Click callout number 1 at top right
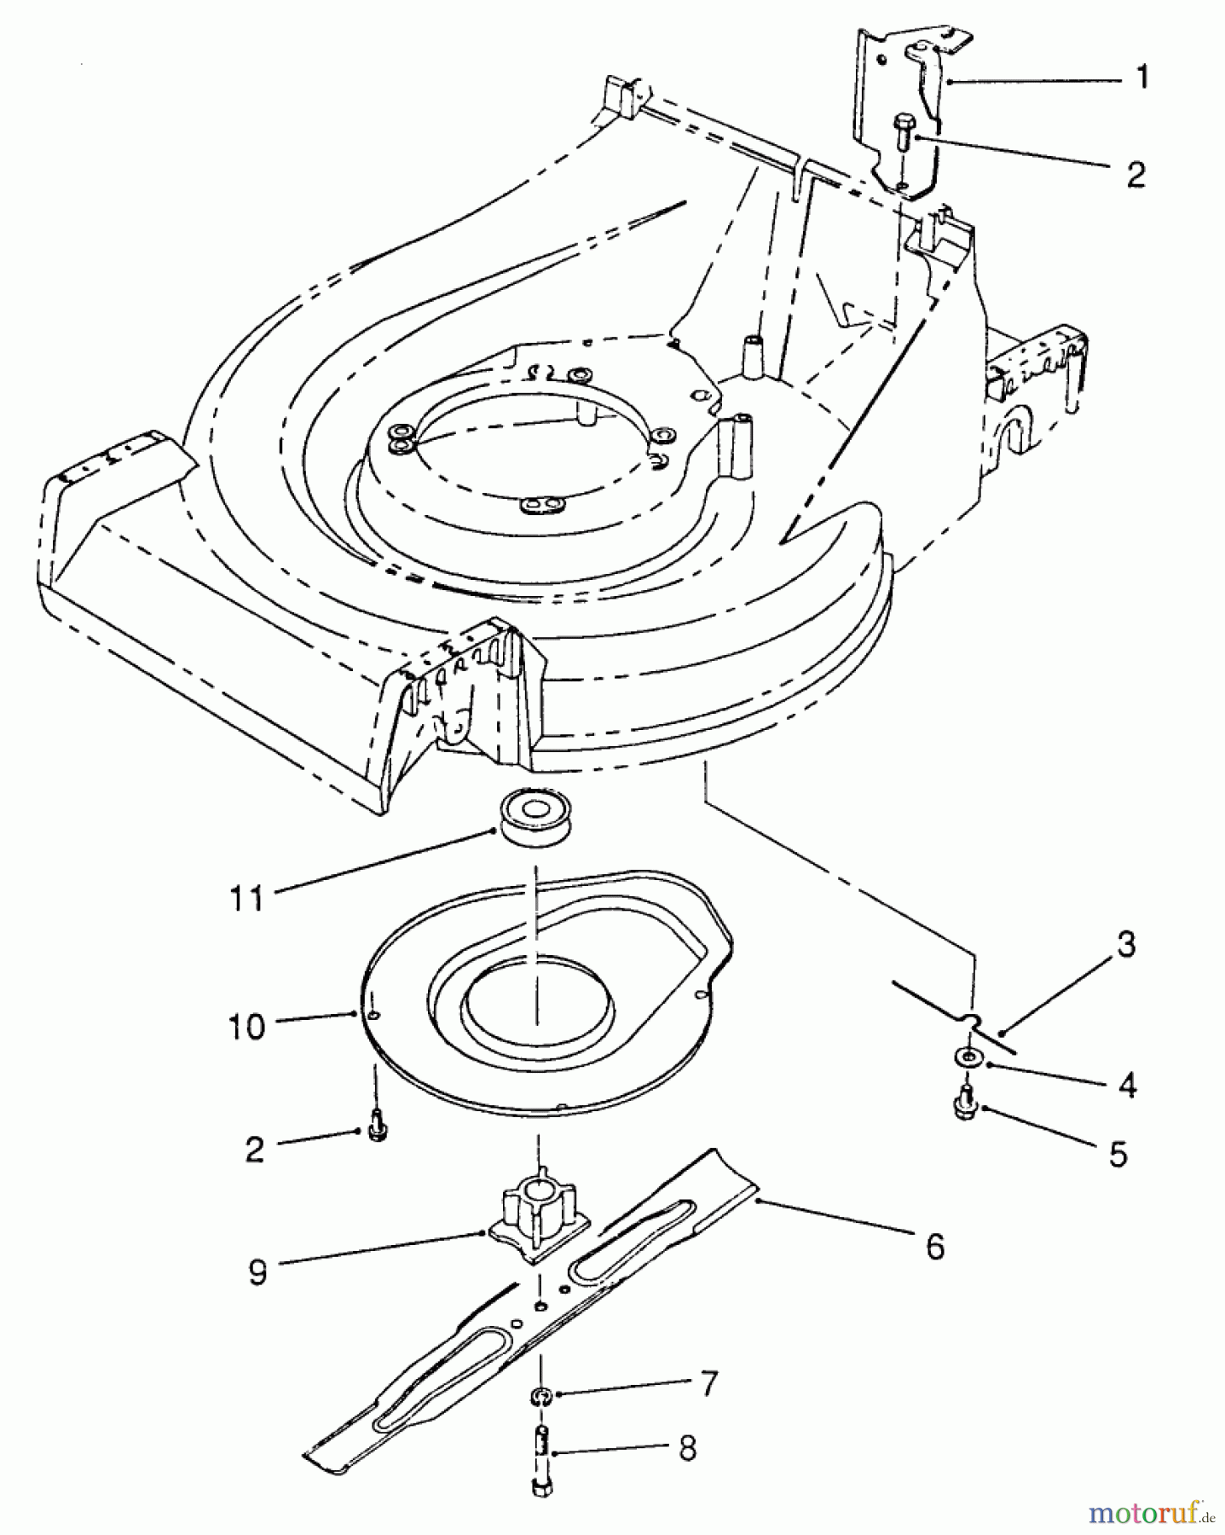(1142, 78)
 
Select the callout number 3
(1126, 945)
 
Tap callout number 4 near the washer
(1127, 1086)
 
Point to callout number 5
(1118, 1154)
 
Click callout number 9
(257, 1272)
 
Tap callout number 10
(246, 1027)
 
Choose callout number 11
(247, 897)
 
